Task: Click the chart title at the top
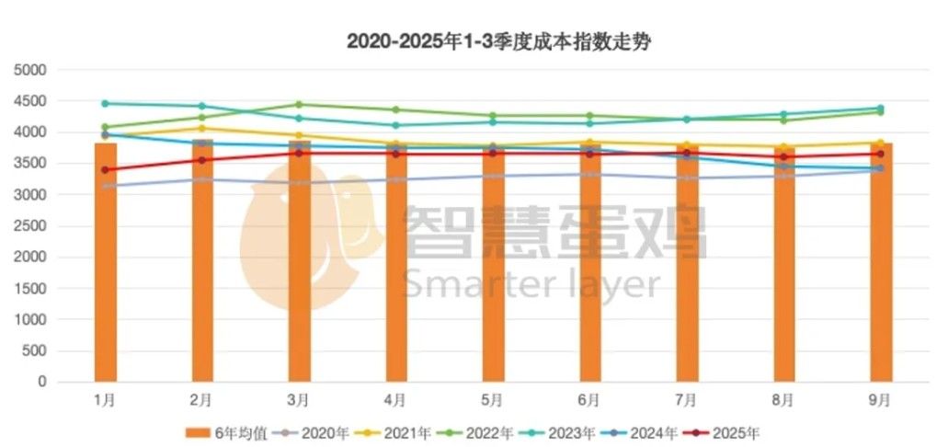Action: click(x=499, y=41)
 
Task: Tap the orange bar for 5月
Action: click(x=494, y=267)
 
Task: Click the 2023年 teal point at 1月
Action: click(x=106, y=103)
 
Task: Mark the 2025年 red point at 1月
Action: click(x=106, y=169)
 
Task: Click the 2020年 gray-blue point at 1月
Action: click(x=106, y=186)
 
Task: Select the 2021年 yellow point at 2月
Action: click(x=202, y=128)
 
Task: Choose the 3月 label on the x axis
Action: click(x=299, y=401)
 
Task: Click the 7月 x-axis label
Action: click(x=687, y=401)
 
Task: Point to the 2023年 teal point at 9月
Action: click(x=880, y=109)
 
